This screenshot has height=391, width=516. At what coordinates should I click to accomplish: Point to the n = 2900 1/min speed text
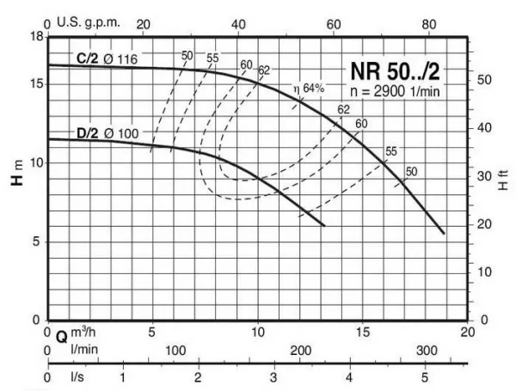pyautogui.click(x=401, y=91)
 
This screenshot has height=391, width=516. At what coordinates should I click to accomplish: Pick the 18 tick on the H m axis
pyautogui.click(x=37, y=37)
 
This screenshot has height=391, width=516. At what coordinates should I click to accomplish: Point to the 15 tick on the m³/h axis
pyautogui.click(x=362, y=332)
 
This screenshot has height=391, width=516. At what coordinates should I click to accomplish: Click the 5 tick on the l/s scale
pyautogui.click(x=425, y=377)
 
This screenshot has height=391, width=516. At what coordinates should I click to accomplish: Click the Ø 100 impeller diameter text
pyautogui.click(x=120, y=132)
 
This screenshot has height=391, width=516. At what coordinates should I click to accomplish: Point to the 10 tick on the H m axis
pyautogui.click(x=37, y=162)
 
